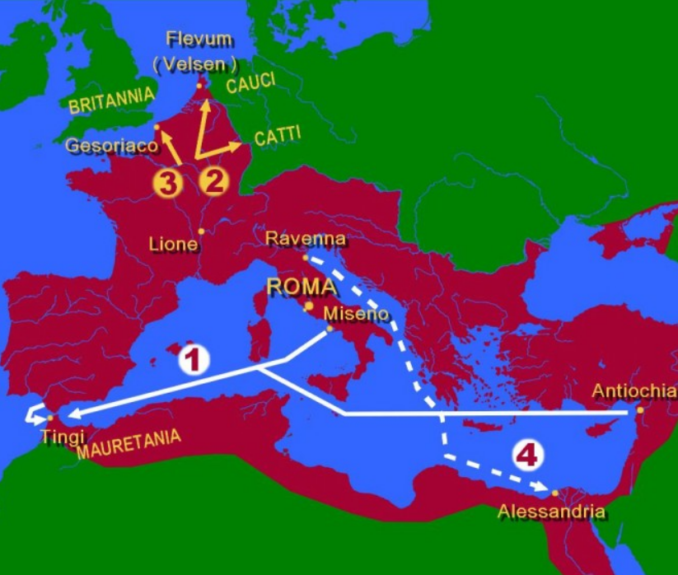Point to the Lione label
pos(173,244)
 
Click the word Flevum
pos(199,39)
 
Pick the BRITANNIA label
pos(111,102)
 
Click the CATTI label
pos(278,137)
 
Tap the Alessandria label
pos(551,512)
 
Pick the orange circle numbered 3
pos(166,183)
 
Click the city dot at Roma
pos(309,306)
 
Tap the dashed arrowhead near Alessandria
pos(543,488)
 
